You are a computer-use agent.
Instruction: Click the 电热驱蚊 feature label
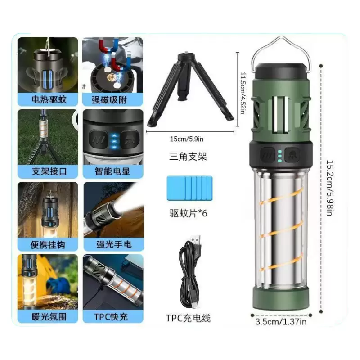(x=49, y=99)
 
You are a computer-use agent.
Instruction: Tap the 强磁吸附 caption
(x=109, y=100)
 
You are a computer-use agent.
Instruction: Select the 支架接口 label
(x=49, y=171)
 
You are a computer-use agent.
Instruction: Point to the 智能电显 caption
(x=112, y=171)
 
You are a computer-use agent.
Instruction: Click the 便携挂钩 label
(x=48, y=245)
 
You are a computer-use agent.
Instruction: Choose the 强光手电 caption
(x=114, y=245)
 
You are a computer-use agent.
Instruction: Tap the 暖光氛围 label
(x=49, y=317)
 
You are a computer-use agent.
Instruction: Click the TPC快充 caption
(x=111, y=317)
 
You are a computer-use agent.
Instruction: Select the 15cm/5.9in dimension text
(x=187, y=139)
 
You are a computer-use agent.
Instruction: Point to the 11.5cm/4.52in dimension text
(x=243, y=93)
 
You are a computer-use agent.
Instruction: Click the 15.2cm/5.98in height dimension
(x=330, y=188)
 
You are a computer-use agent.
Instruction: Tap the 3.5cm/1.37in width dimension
(x=281, y=322)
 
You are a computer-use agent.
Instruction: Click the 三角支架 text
(x=188, y=157)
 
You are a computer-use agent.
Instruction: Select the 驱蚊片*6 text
(x=188, y=213)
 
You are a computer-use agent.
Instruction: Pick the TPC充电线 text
(x=188, y=318)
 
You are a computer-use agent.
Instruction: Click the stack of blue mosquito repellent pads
(x=189, y=188)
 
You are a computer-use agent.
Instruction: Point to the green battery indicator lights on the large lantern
(x=279, y=155)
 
